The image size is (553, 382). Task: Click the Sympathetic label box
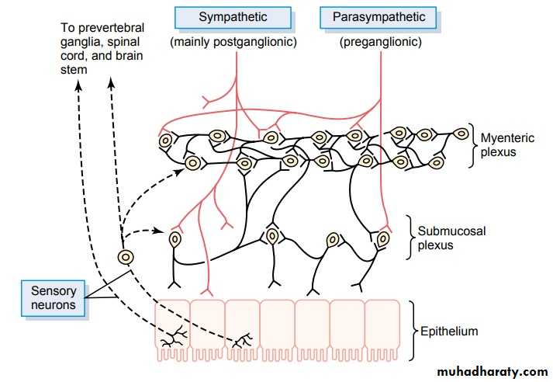coord(233,17)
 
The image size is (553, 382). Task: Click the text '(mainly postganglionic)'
coord(233,43)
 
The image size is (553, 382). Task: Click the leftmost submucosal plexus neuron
coord(175,239)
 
